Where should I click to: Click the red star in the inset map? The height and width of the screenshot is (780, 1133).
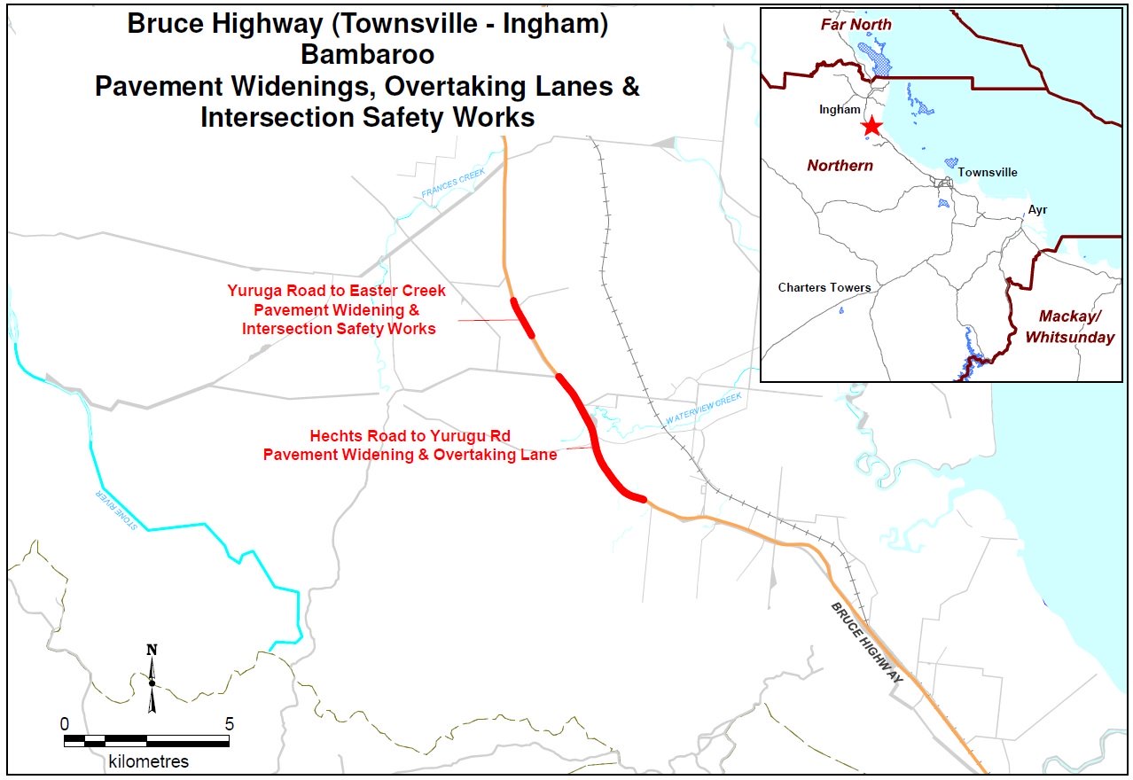871,126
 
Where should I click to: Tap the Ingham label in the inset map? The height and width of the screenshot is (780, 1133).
840,110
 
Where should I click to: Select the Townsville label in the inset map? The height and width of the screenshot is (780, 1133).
988,173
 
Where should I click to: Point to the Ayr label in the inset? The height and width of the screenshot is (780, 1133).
1037,210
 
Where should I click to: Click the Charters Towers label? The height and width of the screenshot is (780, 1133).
824,287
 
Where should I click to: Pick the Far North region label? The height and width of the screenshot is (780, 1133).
856,25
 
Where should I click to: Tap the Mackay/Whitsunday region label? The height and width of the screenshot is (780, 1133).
1076,326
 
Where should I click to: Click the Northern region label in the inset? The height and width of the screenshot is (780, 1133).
840,166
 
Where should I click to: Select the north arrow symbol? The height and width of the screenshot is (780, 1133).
152,678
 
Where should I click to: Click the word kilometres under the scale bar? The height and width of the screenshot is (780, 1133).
148,761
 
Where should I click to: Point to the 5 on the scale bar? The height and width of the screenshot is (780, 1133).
229,723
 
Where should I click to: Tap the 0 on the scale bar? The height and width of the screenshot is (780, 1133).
65,723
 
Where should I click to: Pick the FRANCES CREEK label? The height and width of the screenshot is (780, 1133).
454,183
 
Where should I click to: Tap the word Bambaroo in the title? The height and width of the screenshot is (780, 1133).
367,55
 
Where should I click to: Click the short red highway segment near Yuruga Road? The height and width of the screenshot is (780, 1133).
522,317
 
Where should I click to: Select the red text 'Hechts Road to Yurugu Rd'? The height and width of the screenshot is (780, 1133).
409,436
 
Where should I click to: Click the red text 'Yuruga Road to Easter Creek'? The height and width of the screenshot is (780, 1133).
336,291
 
